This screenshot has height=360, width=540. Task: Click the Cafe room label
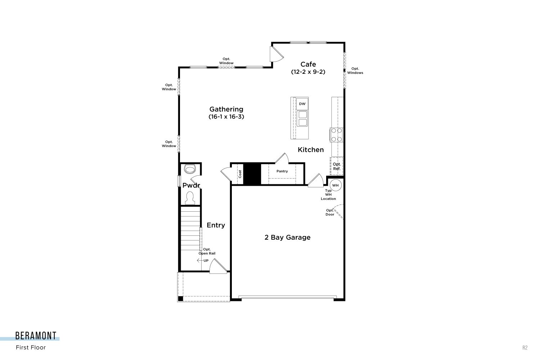point(308,64)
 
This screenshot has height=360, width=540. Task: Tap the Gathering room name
point(226,109)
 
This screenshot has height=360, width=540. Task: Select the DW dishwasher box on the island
point(302,104)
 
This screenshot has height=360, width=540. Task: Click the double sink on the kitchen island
point(302,118)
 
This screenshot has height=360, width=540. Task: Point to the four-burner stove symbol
point(337,135)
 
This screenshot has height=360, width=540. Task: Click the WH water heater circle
point(335,185)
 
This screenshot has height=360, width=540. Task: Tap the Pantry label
point(282,171)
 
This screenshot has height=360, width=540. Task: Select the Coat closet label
point(240,174)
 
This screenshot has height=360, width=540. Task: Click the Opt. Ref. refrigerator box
point(337,166)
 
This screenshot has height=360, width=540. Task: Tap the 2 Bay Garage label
point(287,238)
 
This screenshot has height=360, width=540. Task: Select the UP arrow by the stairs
point(200,260)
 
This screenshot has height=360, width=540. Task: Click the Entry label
point(216,225)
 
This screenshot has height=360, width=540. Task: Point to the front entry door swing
point(218,266)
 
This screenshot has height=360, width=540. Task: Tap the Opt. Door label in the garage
point(330,212)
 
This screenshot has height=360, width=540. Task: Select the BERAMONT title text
point(36,336)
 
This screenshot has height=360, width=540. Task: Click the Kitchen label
point(310,150)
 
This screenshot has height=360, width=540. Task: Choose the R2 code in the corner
point(525,347)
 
